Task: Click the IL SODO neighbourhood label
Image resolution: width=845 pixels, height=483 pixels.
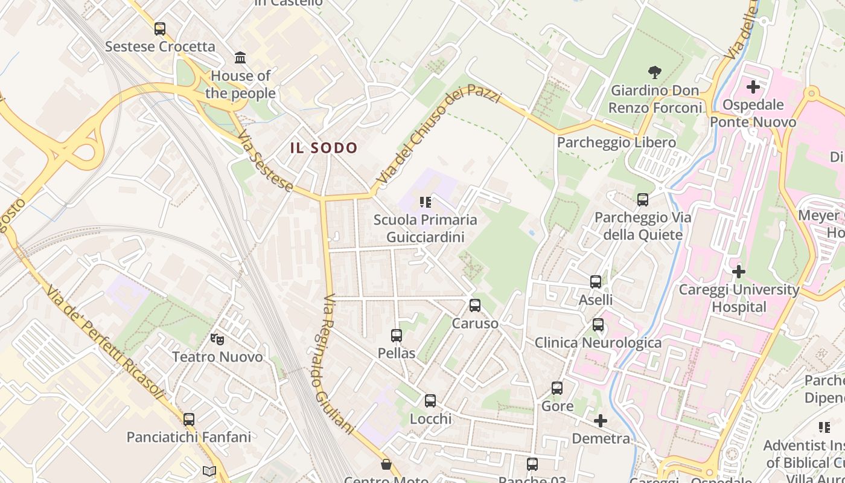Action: [324, 148]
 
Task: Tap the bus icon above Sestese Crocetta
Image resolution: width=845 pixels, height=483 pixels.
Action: [160, 28]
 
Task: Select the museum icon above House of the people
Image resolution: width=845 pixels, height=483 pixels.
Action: [240, 58]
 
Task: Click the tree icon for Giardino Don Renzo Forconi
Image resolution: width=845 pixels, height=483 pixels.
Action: [655, 73]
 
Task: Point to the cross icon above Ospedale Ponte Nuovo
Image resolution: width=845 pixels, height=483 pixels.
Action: [753, 87]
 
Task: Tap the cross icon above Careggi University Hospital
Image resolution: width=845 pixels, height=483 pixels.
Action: [738, 272]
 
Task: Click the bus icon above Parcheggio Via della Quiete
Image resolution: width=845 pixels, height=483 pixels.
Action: [643, 199]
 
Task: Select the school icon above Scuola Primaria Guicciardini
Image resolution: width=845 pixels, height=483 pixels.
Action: [426, 202]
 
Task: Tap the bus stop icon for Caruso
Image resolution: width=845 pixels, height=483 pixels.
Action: [475, 305]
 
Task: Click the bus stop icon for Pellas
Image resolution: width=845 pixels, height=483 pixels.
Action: [397, 335]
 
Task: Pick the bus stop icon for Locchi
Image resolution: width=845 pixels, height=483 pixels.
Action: [430, 400]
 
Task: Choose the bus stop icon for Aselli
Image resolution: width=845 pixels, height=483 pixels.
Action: [596, 282]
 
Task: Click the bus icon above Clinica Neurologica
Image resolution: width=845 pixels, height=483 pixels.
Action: [598, 325]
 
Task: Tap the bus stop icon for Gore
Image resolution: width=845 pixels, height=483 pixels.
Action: [557, 388]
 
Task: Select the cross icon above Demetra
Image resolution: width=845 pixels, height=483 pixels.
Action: [601, 421]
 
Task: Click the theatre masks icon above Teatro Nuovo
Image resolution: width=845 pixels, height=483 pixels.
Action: [217, 339]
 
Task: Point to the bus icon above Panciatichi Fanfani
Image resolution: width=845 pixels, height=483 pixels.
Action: [189, 419]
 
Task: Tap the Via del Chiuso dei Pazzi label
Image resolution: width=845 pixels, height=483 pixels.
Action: [438, 136]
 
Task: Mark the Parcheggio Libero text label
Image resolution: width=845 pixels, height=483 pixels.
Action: [616, 142]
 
